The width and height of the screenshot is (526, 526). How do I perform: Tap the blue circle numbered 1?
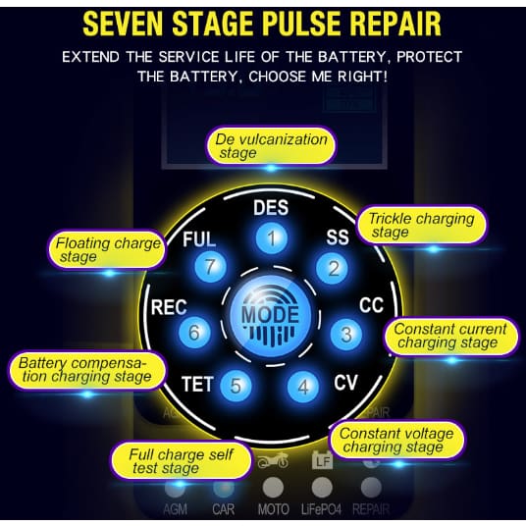(x=272, y=238)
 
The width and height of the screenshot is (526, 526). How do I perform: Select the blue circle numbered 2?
(x=333, y=268)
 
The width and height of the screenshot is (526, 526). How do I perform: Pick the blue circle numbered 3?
(x=345, y=334)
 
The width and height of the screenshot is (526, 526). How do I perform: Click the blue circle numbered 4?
(x=303, y=387)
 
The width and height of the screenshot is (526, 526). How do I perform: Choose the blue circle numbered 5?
(x=237, y=386)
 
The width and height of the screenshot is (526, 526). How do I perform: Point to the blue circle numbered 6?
(x=194, y=332)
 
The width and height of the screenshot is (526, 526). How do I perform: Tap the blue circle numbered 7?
(x=210, y=267)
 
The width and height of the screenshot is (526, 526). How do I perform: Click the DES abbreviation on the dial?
(x=271, y=208)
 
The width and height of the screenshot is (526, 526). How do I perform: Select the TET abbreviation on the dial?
(x=197, y=384)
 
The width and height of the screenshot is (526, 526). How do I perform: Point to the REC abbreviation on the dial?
(x=169, y=307)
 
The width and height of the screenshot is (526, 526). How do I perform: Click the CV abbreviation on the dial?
(x=345, y=382)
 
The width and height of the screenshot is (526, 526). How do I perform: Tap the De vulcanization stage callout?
(x=271, y=145)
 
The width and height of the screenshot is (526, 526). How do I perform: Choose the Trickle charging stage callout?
(x=421, y=225)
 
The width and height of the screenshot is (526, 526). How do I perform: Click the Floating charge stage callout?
(x=108, y=249)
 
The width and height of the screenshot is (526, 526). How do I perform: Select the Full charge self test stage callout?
(x=182, y=461)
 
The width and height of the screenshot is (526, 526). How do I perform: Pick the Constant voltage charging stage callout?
(x=396, y=440)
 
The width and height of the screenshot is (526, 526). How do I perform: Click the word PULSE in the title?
(x=302, y=24)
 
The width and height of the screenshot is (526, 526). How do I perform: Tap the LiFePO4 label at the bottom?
(x=321, y=510)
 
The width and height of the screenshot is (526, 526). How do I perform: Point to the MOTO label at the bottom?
(x=274, y=510)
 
